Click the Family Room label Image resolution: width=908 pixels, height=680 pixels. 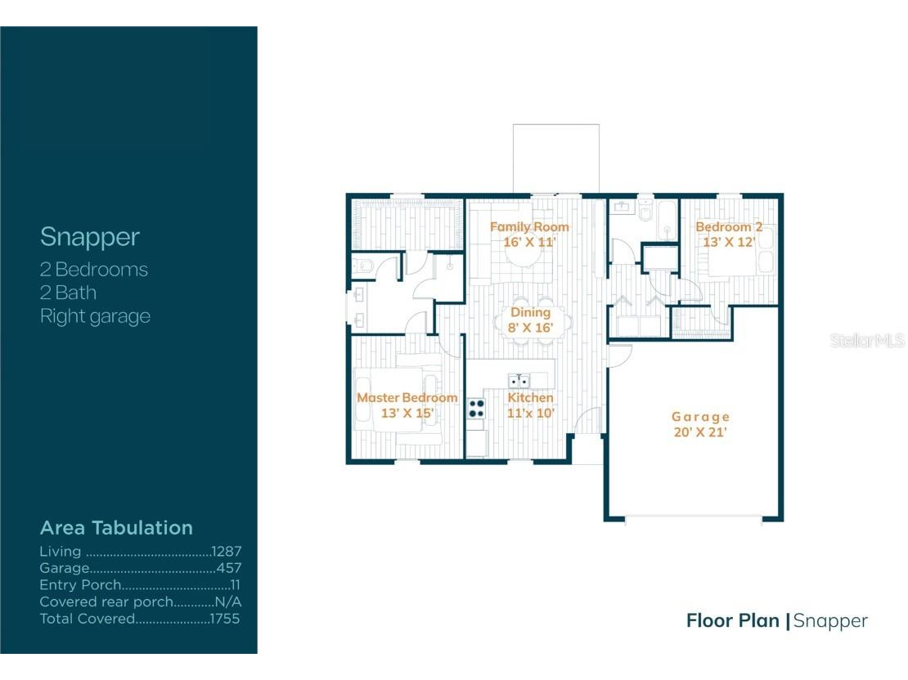click(529, 226)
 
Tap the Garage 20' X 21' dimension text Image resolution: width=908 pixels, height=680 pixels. click(699, 432)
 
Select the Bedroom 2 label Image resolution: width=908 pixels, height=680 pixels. click(729, 226)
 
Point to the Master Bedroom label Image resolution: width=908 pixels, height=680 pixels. click(407, 398)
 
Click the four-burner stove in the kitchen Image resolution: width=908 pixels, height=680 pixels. click(476, 408)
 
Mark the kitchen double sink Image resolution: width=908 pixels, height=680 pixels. click(519, 380)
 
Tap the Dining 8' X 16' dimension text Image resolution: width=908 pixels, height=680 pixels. click(531, 328)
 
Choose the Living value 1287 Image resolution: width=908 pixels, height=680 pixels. click(226, 552)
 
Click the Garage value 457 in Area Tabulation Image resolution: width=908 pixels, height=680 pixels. click(228, 568)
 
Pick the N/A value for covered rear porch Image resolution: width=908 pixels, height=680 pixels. click(227, 602)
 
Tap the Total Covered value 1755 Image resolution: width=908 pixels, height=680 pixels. click(224, 619)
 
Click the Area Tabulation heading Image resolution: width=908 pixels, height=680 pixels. click(116, 527)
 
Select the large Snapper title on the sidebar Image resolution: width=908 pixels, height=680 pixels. click(90, 237)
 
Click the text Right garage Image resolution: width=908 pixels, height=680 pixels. click(95, 316)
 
